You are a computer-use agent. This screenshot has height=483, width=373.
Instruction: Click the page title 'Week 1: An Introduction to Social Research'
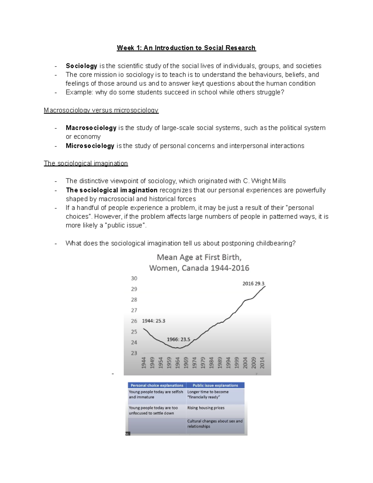186,48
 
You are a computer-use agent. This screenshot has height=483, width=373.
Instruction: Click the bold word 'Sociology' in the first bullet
81,66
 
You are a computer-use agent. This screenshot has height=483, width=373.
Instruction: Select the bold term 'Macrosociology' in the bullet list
91,128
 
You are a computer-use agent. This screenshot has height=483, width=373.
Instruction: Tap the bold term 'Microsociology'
90,146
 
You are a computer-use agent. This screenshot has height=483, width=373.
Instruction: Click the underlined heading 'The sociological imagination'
86,164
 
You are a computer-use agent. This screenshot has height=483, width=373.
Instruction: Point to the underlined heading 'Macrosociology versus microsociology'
101,110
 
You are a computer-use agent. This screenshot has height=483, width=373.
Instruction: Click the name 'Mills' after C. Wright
279,181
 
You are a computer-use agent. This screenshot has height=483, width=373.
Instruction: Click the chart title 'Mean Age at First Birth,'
199,258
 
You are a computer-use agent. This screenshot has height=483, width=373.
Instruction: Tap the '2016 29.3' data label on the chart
253,284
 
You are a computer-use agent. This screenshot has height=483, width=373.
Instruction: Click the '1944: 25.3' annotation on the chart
154,321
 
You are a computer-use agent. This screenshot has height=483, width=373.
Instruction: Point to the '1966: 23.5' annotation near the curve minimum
178,340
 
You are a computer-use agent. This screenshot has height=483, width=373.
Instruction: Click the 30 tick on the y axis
134,278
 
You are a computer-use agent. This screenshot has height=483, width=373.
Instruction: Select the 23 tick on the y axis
134,353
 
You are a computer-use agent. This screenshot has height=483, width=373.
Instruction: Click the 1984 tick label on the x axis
211,363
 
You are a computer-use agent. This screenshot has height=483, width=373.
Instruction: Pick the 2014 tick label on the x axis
262,363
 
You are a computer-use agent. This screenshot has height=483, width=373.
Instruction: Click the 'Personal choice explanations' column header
157,385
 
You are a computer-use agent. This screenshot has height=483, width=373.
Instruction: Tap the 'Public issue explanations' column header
215,385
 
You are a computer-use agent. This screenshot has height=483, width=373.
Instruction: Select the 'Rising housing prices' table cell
206,408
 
